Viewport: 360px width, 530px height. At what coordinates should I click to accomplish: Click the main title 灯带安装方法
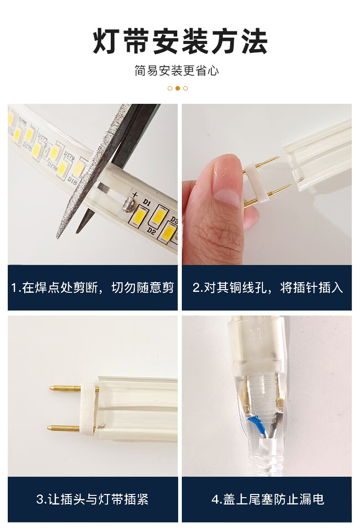tap(180, 41)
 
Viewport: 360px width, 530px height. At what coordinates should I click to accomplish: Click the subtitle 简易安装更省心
tap(177, 71)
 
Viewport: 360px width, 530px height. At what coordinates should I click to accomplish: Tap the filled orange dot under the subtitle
tap(177, 88)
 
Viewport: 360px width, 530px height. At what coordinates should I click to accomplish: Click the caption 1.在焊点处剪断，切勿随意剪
tap(93, 288)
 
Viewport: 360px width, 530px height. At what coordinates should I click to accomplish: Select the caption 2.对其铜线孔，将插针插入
tap(267, 288)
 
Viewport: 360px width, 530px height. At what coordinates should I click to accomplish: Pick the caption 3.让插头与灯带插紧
tap(93, 499)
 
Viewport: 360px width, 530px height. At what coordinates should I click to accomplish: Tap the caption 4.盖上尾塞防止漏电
tap(267, 499)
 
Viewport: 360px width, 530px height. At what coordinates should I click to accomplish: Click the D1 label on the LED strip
tap(146, 202)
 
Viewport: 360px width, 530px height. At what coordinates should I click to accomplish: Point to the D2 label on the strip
tap(152, 231)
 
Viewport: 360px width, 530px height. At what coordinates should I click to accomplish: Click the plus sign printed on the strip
tap(135, 194)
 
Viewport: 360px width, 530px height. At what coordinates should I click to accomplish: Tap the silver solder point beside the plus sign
tap(128, 205)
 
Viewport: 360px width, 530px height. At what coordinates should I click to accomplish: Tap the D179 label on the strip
tap(69, 156)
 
